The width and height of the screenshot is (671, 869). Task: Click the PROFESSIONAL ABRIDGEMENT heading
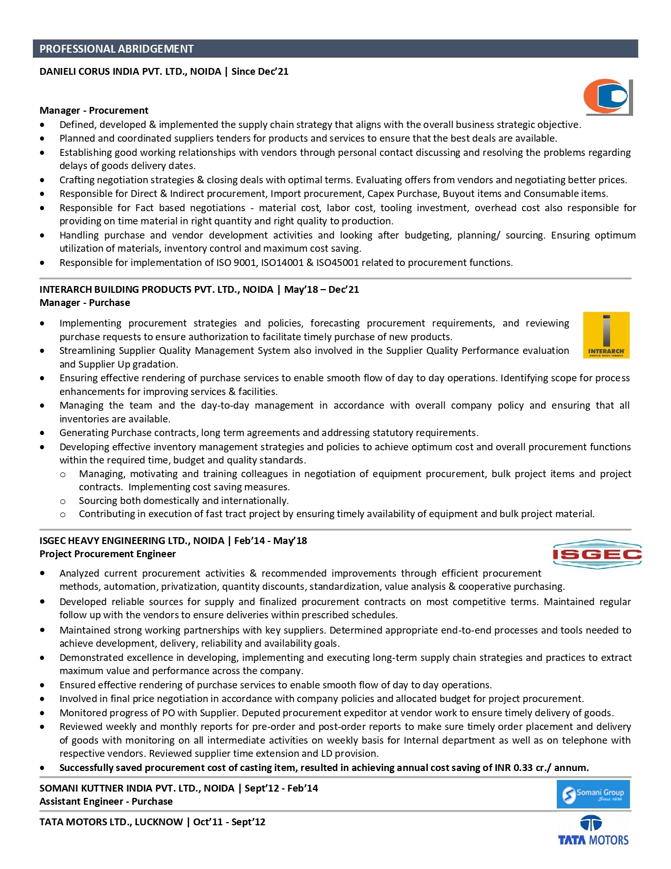click(x=116, y=49)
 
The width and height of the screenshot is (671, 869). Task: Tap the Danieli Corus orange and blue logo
click(x=607, y=97)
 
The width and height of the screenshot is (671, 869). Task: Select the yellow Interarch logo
click(x=606, y=335)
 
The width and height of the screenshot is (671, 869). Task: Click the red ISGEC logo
click(x=597, y=554)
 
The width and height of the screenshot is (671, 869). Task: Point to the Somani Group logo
click(x=593, y=794)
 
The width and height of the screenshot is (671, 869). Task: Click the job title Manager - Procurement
click(x=94, y=111)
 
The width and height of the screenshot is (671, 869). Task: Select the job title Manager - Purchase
click(x=85, y=303)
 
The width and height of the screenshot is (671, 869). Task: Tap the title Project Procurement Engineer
click(x=107, y=554)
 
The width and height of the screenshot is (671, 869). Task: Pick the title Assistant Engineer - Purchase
click(x=106, y=802)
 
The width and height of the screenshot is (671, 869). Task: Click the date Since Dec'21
click(x=260, y=72)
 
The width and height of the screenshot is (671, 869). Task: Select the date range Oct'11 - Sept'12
click(x=229, y=822)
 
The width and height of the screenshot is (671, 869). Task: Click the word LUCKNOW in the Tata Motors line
click(x=158, y=822)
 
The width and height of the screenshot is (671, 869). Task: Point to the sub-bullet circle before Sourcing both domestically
click(x=63, y=501)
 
